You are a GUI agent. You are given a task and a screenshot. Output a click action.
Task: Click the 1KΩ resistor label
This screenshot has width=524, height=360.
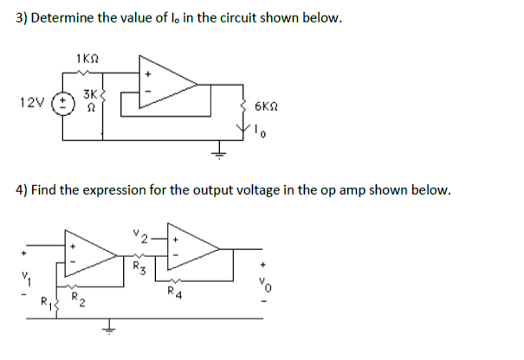click(88, 58)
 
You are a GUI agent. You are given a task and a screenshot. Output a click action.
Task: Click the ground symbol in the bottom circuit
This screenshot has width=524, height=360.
click(108, 328)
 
